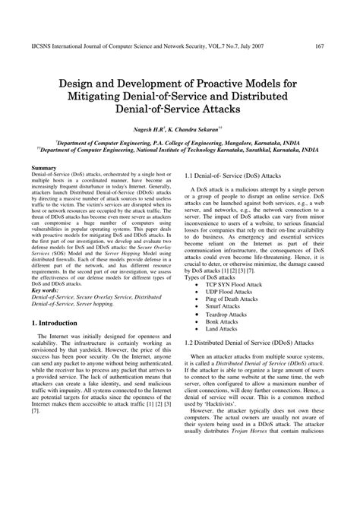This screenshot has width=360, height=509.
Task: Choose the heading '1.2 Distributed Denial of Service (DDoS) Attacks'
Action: click(x=248, y=343)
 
